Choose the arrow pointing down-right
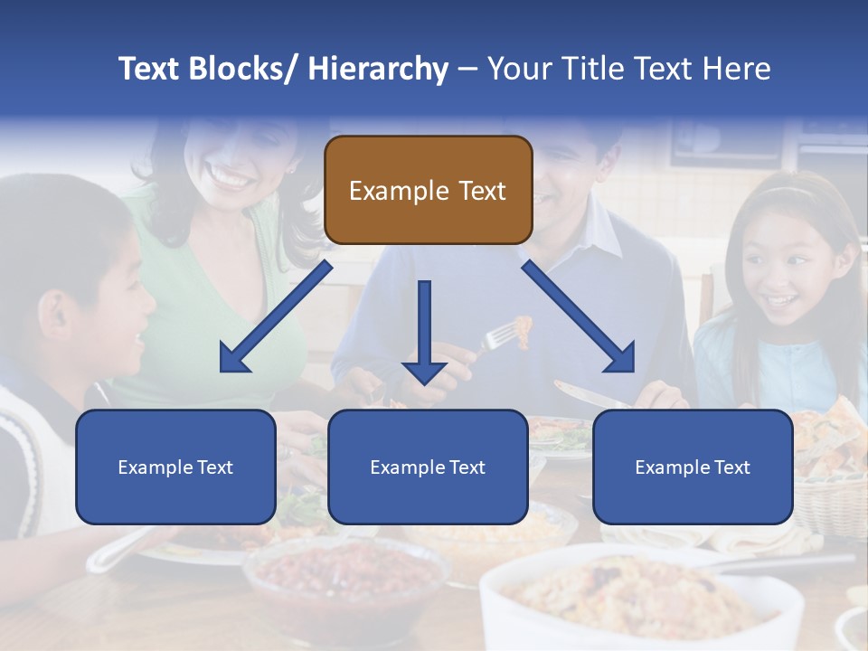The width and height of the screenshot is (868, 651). (579, 317)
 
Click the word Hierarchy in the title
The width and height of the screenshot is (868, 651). (377, 69)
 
